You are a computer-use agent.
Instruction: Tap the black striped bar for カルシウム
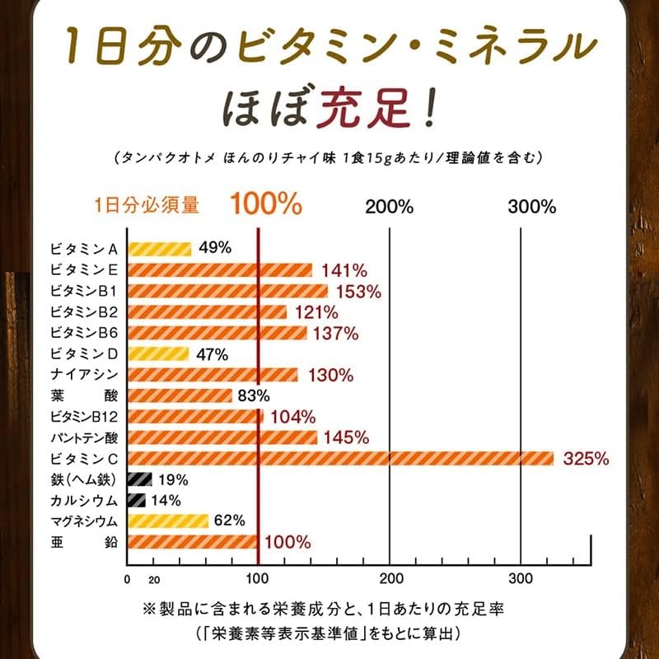[136, 500]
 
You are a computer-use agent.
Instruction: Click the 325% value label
[586, 459]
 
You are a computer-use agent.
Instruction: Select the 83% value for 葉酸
[253, 395]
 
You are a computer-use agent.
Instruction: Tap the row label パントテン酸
[85, 437]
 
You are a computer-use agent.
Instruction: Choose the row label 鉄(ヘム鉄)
[85, 479]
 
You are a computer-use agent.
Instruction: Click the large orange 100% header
[265, 204]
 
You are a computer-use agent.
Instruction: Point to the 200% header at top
[389, 207]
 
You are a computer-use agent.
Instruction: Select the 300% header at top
[532, 207]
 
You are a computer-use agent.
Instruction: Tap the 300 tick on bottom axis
[521, 577]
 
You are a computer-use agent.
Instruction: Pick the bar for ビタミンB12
[194, 416]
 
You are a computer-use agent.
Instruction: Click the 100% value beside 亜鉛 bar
[288, 542]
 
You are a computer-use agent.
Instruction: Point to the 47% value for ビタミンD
[211, 354]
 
